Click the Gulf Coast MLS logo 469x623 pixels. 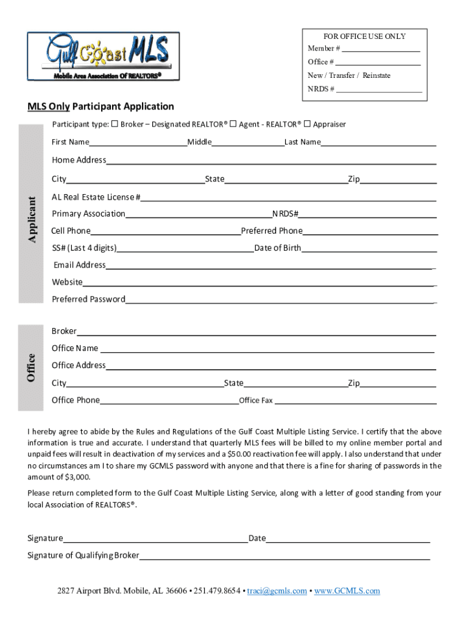pyautogui.click(x=103, y=56)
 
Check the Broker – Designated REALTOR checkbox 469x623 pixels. pyautogui.click(x=115, y=124)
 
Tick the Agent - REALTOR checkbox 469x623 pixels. pyautogui.click(x=233, y=124)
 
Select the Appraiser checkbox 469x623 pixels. pyautogui.click(x=307, y=124)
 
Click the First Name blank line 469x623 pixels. pyautogui.click(x=138, y=144)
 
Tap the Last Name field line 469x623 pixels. pyautogui.click(x=378, y=144)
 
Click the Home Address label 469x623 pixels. pyautogui.click(x=79, y=160)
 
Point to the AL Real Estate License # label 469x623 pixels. pyautogui.click(x=96, y=197)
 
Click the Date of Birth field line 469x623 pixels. pyautogui.click(x=369, y=249)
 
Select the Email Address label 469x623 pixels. pyautogui.click(x=79, y=265)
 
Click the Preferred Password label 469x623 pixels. pyautogui.click(x=88, y=299)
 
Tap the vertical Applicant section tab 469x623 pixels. pyautogui.click(x=31, y=214)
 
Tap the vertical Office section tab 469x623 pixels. pyautogui.click(x=31, y=367)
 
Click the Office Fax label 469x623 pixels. pyautogui.click(x=256, y=400)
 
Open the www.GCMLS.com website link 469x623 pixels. pyautogui.click(x=347, y=591)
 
